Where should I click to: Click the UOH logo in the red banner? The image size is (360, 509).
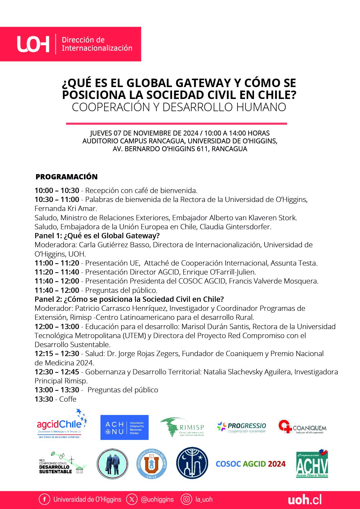(33, 44)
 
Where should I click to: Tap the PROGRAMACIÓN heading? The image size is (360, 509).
(66, 177)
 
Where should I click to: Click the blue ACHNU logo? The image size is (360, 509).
(124, 427)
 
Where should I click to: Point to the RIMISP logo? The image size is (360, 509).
(183, 427)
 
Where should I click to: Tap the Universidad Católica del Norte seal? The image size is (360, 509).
(152, 463)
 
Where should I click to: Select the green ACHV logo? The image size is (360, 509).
(312, 464)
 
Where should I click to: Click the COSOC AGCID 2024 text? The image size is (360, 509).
(251, 464)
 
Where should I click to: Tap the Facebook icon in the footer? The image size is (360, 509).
(44, 499)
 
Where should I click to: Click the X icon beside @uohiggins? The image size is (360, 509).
(132, 499)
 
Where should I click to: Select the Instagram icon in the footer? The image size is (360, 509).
(186, 499)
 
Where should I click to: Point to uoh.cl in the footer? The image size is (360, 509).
(305, 500)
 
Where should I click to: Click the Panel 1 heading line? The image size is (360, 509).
(97, 236)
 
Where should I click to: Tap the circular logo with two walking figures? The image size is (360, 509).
(112, 463)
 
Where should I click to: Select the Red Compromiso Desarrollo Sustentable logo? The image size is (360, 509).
(62, 463)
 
